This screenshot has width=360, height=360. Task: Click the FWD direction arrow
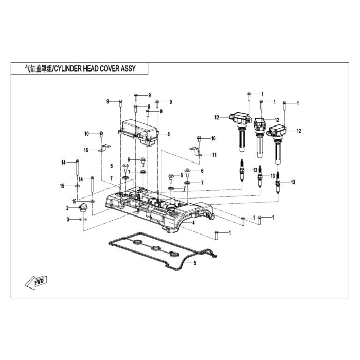pos(36,282)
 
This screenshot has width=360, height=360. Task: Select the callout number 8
pos(169,134)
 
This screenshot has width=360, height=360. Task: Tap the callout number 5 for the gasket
pos(195,263)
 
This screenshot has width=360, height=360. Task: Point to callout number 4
pos(193,223)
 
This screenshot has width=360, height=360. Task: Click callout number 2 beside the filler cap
pos(67,208)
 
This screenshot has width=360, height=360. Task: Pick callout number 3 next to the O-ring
pos(68,220)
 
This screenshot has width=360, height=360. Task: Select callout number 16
pos(86,150)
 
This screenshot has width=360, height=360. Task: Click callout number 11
pos(214,155)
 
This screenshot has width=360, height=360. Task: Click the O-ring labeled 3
pos(83,220)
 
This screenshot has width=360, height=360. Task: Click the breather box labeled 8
pos(138,133)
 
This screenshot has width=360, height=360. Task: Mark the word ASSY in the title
pos(128,68)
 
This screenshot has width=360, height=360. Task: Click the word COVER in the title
pos(109,68)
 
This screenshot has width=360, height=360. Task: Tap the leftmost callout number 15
pos(62,186)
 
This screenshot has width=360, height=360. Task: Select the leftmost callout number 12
pos(217,118)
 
